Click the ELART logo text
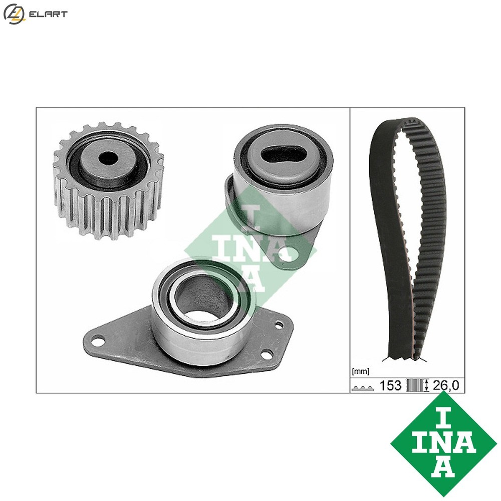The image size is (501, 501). pyautogui.click(x=48, y=14)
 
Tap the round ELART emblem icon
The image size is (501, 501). pyautogui.click(x=13, y=14)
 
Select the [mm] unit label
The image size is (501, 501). pyautogui.click(x=361, y=372)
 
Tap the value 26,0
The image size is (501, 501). pyautogui.click(x=445, y=385)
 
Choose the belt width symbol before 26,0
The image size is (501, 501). pyautogui.click(x=417, y=385)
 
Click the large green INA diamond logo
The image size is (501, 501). pyautogui.click(x=443, y=443)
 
